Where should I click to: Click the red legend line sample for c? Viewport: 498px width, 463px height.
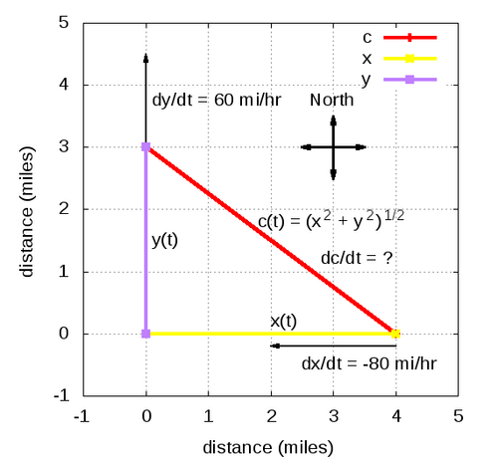410,38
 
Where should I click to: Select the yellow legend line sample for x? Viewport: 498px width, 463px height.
410,59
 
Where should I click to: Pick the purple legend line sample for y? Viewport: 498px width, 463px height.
410,80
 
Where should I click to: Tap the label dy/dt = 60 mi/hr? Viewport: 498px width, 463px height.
216,100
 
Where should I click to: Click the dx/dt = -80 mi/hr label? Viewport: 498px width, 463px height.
369,363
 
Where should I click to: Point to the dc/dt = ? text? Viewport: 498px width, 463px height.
357,258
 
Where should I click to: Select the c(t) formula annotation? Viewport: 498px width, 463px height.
331,220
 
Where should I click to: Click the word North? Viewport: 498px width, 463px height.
332,100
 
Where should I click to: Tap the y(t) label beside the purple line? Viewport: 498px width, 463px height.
164,240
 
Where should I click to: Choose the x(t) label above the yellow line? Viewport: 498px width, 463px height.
283,322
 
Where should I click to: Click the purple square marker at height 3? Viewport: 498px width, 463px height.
145,146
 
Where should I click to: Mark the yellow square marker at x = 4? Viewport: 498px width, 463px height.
395,334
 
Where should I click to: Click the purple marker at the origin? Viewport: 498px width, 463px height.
145,334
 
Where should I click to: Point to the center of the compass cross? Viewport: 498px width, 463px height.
334,147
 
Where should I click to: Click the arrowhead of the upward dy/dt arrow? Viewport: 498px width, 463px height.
145,57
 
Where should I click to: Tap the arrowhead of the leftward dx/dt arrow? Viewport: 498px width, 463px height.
275,346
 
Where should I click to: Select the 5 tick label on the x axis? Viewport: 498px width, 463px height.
458,416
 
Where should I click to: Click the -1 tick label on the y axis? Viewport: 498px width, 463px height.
62,395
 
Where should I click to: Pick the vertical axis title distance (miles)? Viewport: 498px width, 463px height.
27,211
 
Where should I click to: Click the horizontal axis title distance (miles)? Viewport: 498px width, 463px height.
268,447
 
